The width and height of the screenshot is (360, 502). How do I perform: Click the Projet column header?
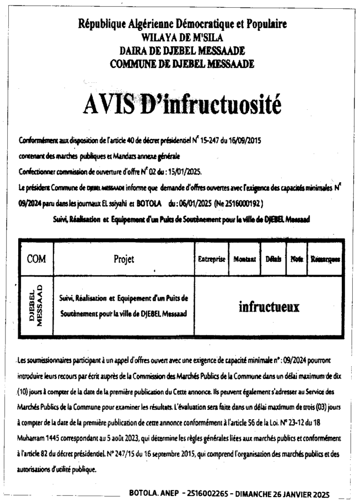123,259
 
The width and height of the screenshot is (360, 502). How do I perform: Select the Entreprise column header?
211,259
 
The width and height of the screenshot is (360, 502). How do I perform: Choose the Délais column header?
273,259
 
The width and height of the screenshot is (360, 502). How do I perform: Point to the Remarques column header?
325,259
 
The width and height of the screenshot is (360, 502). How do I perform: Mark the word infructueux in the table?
268,306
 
